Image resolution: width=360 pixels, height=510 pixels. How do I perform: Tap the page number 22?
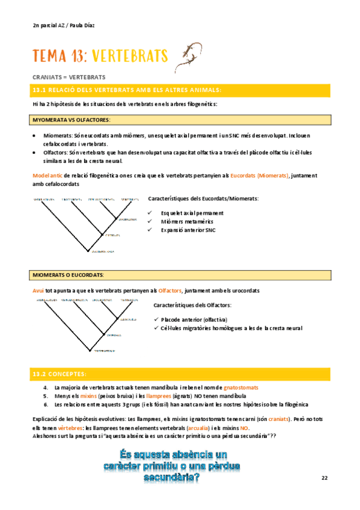click(x=325, y=478)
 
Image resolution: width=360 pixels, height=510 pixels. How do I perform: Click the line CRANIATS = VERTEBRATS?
click(x=69, y=77)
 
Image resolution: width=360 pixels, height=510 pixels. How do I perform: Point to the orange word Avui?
click(x=38, y=290)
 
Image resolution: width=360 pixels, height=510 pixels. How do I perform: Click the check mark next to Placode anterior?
click(x=156, y=319)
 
